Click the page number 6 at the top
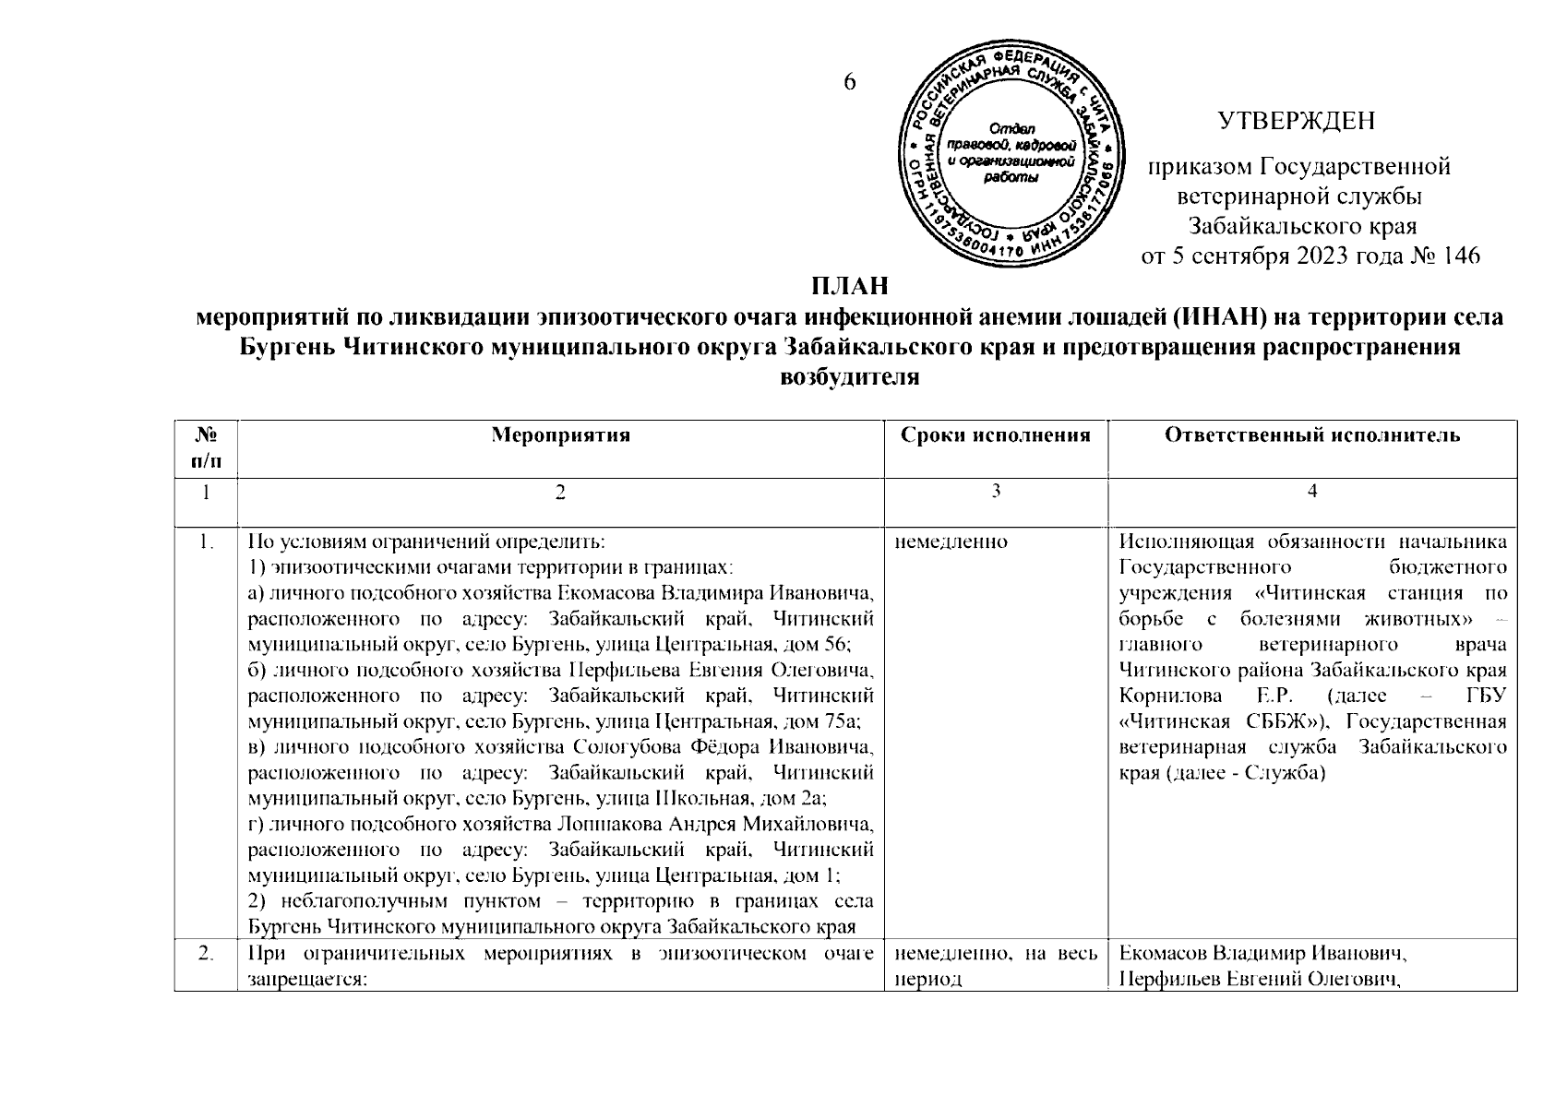point(850,82)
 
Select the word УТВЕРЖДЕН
point(1297,121)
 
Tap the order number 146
point(1460,256)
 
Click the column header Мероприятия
point(560,435)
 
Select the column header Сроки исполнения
point(996,435)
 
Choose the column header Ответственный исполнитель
point(1312,435)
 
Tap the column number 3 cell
point(996,492)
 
